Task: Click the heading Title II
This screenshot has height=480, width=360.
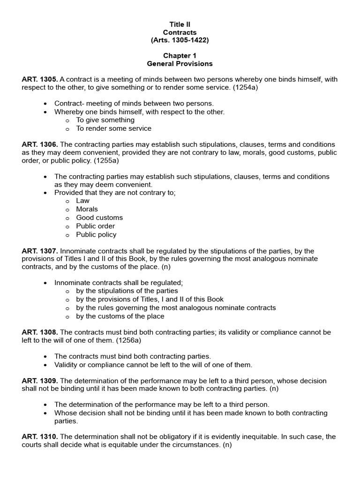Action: [180, 24]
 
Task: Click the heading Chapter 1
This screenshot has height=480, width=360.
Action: [180, 56]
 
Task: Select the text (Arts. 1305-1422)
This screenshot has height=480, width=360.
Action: [180, 40]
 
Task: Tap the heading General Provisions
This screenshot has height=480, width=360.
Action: [180, 64]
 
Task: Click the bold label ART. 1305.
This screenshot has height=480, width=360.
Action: [40, 80]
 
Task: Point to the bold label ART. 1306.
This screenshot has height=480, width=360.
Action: [40, 144]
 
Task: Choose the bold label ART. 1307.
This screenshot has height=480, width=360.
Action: [40, 251]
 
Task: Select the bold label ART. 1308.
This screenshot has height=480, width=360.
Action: [40, 332]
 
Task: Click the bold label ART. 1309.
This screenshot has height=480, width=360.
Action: [40, 381]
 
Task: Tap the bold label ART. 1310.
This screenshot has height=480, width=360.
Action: [40, 436]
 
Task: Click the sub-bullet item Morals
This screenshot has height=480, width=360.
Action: [87, 209]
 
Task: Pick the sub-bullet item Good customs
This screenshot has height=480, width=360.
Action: [99, 217]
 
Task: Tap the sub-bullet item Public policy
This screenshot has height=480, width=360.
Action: [96, 234]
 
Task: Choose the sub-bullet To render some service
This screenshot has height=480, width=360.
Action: [113, 128]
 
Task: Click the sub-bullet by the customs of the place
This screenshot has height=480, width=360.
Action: [120, 316]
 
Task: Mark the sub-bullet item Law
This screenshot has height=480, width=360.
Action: [82, 201]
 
